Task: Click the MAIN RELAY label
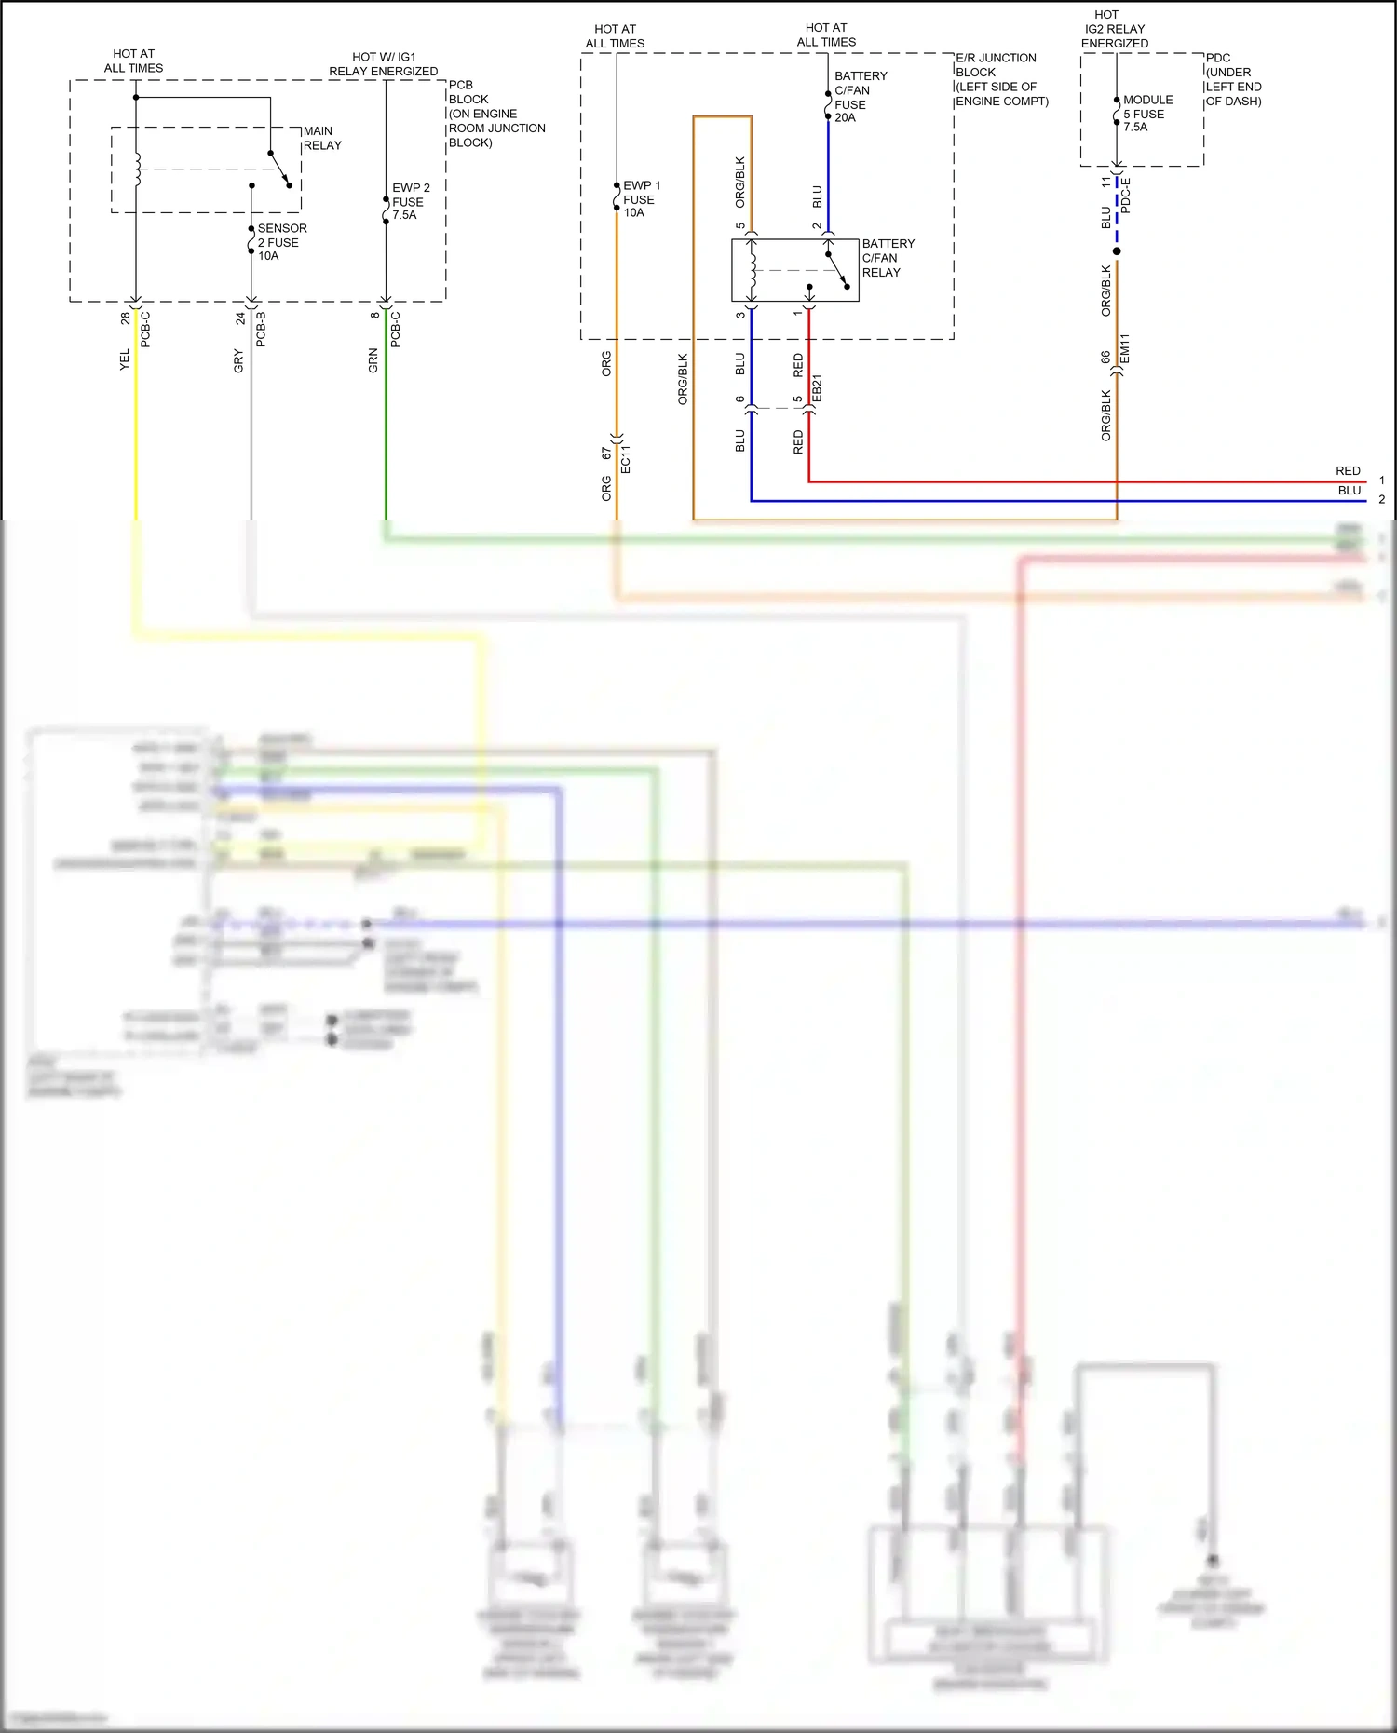click(x=322, y=138)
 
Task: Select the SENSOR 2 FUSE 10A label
click(x=281, y=242)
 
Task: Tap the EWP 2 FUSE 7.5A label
click(x=411, y=201)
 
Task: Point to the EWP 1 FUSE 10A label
click(x=641, y=199)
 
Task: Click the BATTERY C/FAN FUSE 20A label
click(x=860, y=97)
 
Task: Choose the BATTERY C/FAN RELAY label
click(x=888, y=258)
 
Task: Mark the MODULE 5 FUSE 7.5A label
click(x=1147, y=114)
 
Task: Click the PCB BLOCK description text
click(x=495, y=114)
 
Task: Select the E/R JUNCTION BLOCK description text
click(x=1001, y=79)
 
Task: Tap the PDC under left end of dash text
click(x=1233, y=79)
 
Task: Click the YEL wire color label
click(x=125, y=360)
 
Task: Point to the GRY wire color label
click(x=238, y=361)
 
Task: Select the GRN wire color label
click(x=373, y=361)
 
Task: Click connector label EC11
click(x=626, y=460)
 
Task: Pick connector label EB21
click(x=818, y=389)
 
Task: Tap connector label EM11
click(x=1125, y=348)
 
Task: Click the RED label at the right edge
click(x=1348, y=471)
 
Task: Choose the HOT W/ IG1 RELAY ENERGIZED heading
click(x=383, y=64)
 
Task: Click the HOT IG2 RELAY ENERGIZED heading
click(x=1114, y=29)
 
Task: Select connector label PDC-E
click(x=1125, y=196)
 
